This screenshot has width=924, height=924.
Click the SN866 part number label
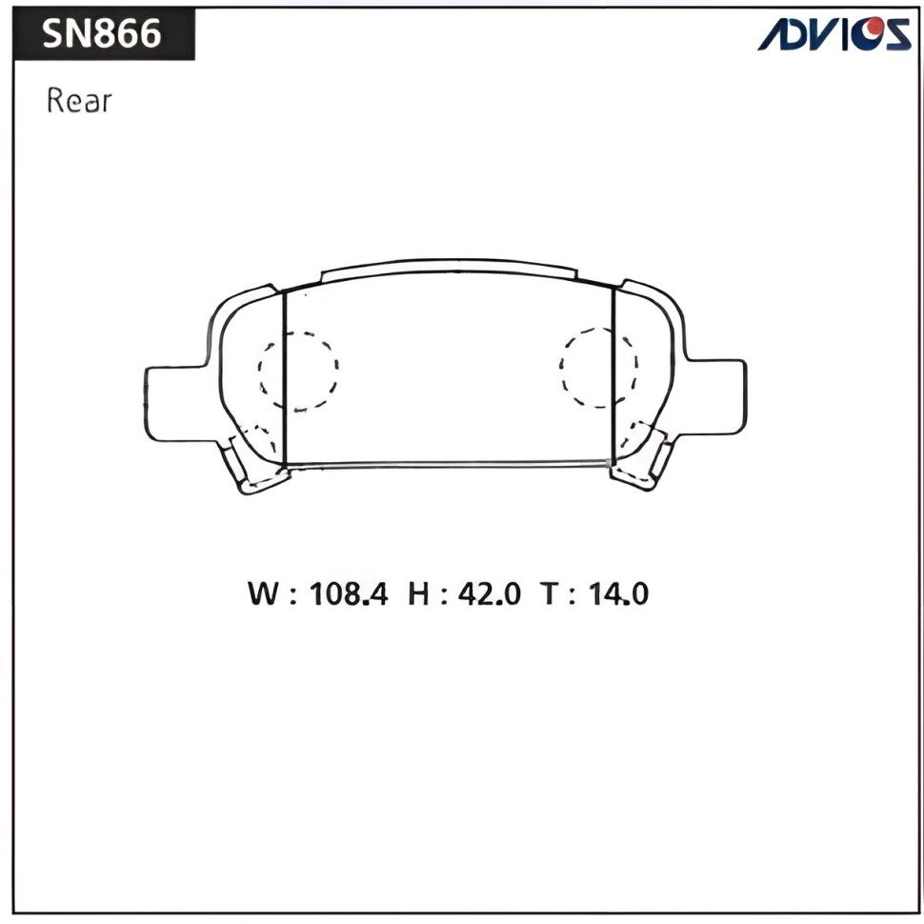101,33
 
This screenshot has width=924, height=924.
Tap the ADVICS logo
834,33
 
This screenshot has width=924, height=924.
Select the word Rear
79,100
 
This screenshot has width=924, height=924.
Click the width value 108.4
349,593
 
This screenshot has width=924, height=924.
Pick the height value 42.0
489,593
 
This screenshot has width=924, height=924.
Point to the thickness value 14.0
618,593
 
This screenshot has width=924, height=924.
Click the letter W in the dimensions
263,593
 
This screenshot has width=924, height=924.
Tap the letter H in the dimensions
418,593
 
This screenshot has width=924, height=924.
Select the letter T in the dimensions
549,593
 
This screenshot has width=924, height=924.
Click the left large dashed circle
259,370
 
